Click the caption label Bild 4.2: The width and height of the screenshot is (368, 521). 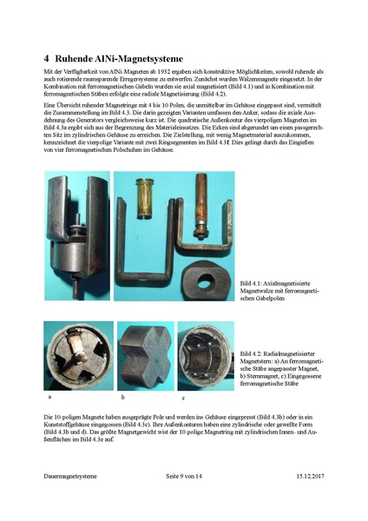[253, 353]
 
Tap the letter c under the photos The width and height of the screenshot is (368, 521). [183, 397]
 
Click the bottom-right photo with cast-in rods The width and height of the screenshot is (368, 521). [206, 355]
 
